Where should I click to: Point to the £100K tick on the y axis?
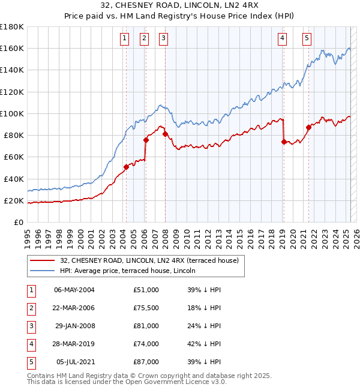[x=12, y=113]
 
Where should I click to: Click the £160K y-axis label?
[x=12, y=48]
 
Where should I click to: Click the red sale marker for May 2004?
[x=127, y=167]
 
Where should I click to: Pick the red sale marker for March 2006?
[x=146, y=140]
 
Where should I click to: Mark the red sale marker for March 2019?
[x=284, y=142]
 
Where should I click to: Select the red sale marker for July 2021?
[x=308, y=127]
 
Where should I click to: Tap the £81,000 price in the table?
[x=146, y=326]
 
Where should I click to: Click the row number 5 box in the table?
[x=31, y=362]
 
